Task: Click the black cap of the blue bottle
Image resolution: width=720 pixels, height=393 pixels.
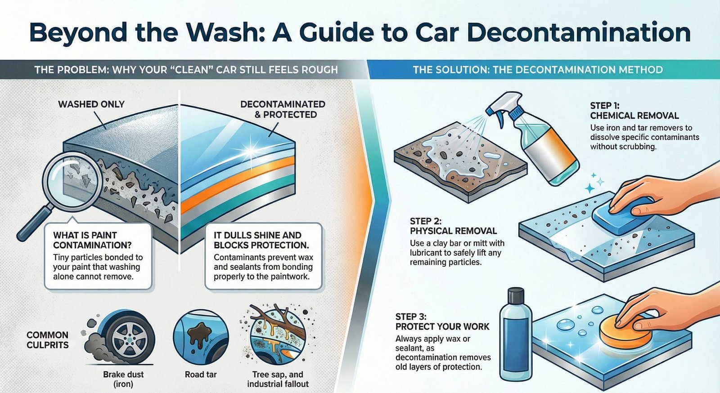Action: pos(516,295)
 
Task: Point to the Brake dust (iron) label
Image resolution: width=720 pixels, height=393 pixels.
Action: pos(123,379)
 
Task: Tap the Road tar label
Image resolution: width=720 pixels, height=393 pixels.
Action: pos(201,375)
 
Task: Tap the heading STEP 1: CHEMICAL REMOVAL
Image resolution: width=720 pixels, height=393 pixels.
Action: pos(634,111)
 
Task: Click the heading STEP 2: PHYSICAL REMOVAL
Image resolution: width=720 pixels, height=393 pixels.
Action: pos(453,226)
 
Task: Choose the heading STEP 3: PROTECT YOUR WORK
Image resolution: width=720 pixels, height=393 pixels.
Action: pos(442,322)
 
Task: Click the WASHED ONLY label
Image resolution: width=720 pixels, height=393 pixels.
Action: pos(91,104)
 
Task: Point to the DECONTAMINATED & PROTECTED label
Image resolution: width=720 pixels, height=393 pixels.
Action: pos(283,109)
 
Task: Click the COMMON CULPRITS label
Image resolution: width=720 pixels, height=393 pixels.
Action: pos(47,340)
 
